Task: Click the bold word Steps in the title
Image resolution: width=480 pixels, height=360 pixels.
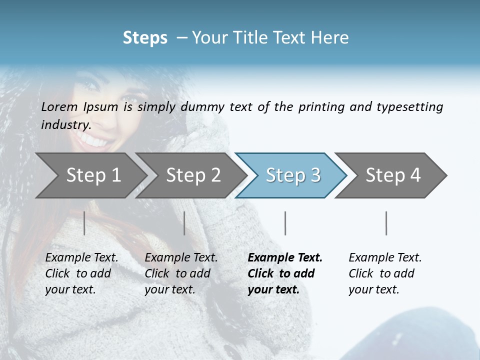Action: click(x=145, y=38)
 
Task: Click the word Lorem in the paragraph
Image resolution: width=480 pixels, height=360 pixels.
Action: click(x=59, y=106)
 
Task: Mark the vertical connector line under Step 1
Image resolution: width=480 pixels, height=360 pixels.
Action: click(x=84, y=223)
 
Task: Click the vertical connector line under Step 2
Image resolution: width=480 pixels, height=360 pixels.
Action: click(x=184, y=223)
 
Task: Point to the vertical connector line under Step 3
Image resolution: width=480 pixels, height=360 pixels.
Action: click(x=285, y=223)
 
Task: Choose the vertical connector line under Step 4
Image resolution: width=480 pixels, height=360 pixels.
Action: click(x=386, y=223)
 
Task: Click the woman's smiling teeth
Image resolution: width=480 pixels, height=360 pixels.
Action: click(x=95, y=141)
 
